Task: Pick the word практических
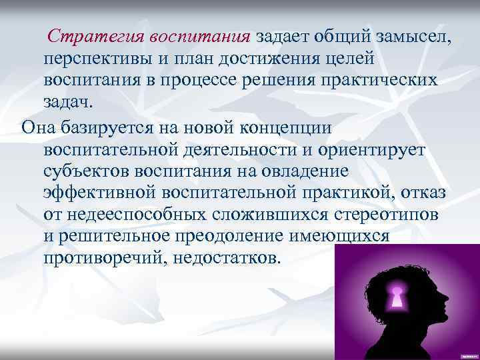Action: click(385, 79)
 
